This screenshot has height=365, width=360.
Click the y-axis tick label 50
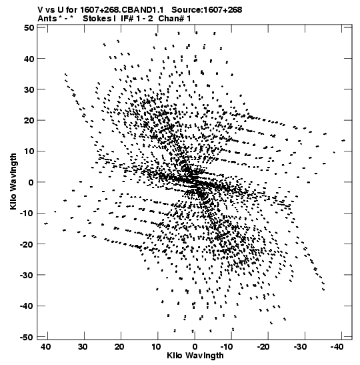pos(29,28)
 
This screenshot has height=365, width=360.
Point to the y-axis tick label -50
pos(27,337)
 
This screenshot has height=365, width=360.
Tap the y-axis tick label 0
pos(31,182)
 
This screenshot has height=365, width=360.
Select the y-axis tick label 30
pos(29,89)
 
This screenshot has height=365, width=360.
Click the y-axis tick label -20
pos(27,244)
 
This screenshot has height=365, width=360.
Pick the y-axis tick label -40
pos(27,306)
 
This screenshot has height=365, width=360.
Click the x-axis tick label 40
pos(45,347)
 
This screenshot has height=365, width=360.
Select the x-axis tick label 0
pos(195,347)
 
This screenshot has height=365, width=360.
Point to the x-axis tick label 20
pos(119,347)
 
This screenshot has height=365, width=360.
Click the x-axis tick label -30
pos(300,347)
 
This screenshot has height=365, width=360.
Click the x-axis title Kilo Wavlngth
pos(195,356)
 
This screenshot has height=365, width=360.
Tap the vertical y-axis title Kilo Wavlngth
pos(13,181)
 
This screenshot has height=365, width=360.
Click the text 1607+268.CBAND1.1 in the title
pos(122,10)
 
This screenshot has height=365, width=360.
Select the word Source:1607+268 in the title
pos(207,10)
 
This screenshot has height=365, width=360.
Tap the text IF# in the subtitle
pos(127,19)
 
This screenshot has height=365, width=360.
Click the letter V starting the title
pos(41,10)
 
